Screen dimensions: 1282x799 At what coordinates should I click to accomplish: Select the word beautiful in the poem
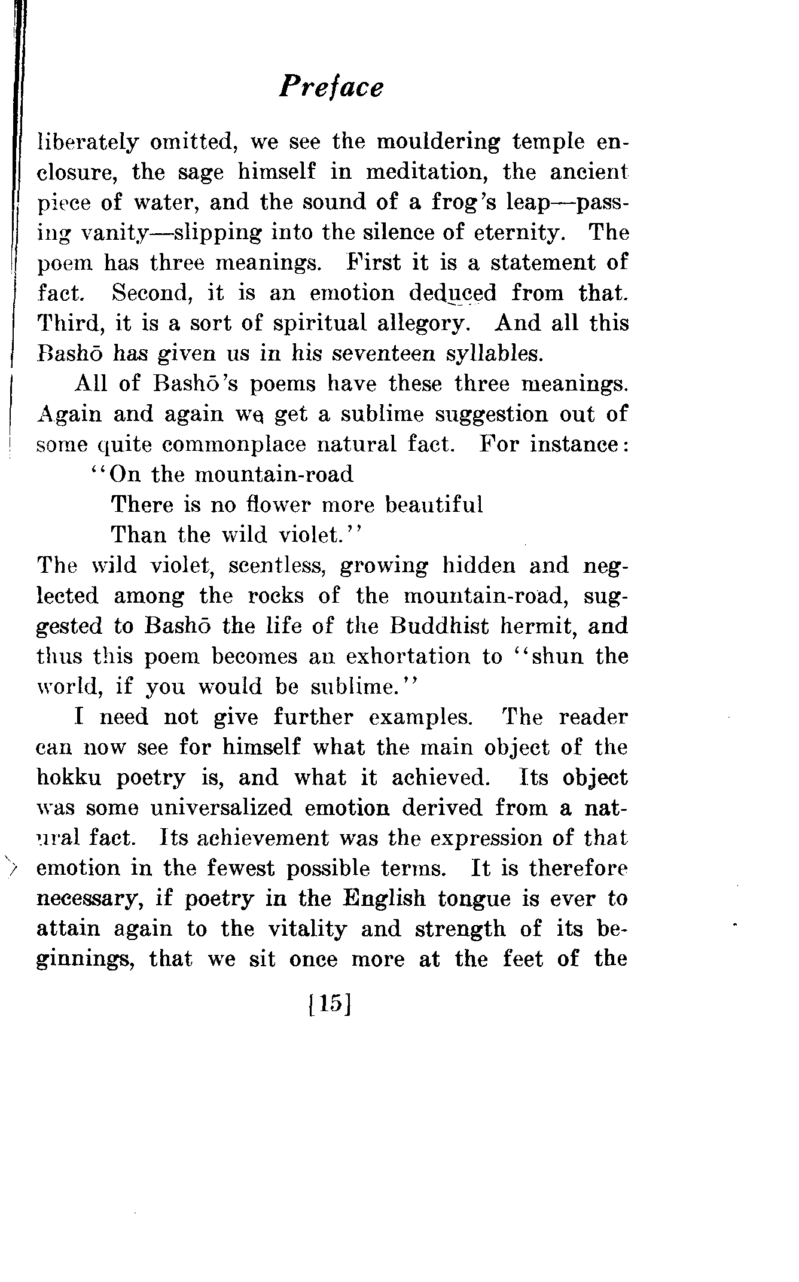point(434,505)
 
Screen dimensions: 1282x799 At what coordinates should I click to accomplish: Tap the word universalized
point(221,808)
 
